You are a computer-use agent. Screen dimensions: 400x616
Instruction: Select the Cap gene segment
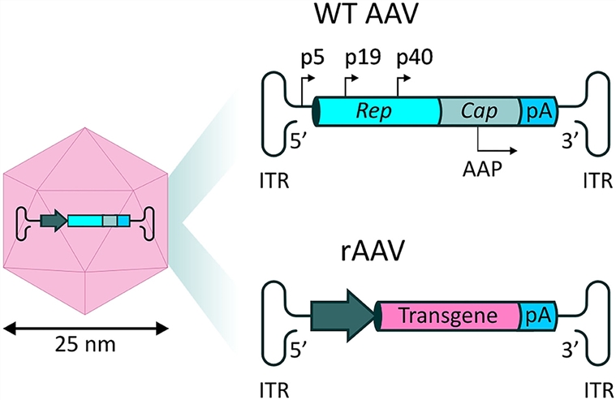(x=479, y=110)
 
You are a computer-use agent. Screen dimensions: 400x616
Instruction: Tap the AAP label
(x=481, y=171)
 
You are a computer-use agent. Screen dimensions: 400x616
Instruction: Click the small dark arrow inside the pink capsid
(x=54, y=221)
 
